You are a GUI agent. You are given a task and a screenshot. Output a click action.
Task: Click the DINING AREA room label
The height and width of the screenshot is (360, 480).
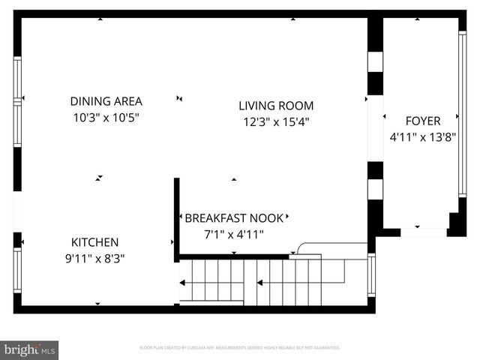tap(106, 101)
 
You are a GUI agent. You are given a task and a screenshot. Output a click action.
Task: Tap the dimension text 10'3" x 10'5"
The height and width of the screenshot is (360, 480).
tap(106, 118)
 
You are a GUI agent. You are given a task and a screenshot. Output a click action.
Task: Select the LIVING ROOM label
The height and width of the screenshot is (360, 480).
tap(276, 106)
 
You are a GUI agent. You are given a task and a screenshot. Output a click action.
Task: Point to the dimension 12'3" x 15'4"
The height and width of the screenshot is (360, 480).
tap(276, 121)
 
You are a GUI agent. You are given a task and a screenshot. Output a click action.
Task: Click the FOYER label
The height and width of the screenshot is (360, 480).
tap(423, 120)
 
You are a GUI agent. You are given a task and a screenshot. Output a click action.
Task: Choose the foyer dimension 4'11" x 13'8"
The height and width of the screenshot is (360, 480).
tap(423, 137)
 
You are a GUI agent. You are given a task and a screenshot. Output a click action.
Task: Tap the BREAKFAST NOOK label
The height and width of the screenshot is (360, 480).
tap(234, 218)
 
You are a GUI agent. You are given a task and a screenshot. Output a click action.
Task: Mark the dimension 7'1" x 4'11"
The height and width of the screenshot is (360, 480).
tap(234, 234)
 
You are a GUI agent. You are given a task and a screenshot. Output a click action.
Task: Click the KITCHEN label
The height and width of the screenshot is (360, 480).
tap(94, 242)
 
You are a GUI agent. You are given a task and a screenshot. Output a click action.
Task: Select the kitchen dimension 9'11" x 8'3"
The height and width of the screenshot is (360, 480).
tap(94, 259)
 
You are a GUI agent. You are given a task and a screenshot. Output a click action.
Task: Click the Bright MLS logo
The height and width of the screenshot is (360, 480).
tap(30, 349)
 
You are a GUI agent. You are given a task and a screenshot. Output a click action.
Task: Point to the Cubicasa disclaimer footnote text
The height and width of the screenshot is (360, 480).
tap(240, 348)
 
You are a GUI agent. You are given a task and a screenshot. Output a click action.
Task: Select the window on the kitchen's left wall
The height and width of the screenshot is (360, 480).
tap(17, 269)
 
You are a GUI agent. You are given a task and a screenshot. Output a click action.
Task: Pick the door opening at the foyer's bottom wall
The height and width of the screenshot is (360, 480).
tap(423, 232)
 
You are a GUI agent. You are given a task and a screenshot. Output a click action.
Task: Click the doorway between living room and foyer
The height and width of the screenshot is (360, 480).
tap(375, 127)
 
